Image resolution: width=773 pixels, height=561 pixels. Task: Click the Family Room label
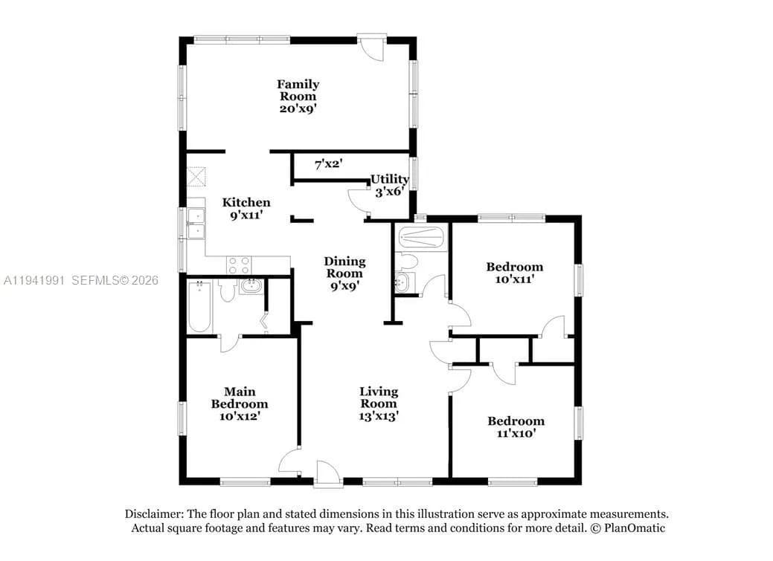(x=298, y=96)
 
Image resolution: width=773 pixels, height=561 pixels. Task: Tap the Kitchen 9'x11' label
(x=246, y=208)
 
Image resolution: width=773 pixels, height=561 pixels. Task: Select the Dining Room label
(x=344, y=273)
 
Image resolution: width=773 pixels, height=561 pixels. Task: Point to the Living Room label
(x=379, y=403)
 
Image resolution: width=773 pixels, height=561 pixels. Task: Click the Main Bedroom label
(x=240, y=403)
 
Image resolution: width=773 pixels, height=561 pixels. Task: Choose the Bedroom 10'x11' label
(x=514, y=273)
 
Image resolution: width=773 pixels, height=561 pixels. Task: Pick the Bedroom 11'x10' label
(x=516, y=427)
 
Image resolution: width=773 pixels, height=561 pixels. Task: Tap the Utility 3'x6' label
(x=390, y=185)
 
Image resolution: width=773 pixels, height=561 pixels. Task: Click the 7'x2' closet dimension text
(x=327, y=164)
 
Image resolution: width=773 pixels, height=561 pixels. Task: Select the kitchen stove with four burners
(x=239, y=265)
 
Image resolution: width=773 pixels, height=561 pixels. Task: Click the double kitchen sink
(x=196, y=224)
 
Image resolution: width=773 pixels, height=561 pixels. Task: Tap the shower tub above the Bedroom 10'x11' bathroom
(x=421, y=239)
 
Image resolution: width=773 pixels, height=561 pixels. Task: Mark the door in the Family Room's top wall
(x=371, y=46)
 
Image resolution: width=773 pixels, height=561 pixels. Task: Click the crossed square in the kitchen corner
(x=197, y=177)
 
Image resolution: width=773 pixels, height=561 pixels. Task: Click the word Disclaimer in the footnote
(x=154, y=514)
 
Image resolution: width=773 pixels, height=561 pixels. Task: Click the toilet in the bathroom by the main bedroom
(x=228, y=291)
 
